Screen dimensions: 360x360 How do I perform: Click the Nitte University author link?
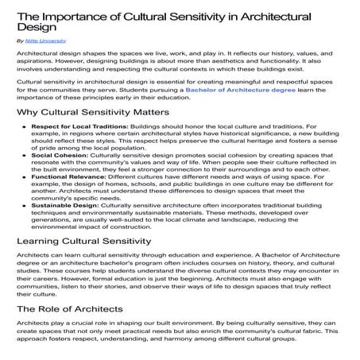[x=45, y=38]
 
